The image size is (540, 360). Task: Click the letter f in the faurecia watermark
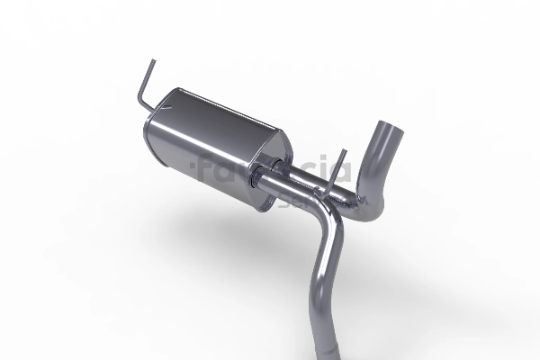click(x=204, y=167)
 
